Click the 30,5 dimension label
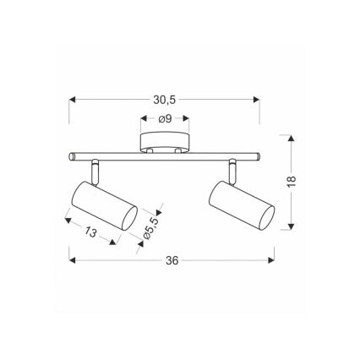coord(165,98)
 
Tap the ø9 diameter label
coord(165,119)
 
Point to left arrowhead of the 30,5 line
coord(70,98)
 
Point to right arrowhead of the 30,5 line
coord(259,98)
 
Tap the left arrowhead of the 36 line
coord(68,261)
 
